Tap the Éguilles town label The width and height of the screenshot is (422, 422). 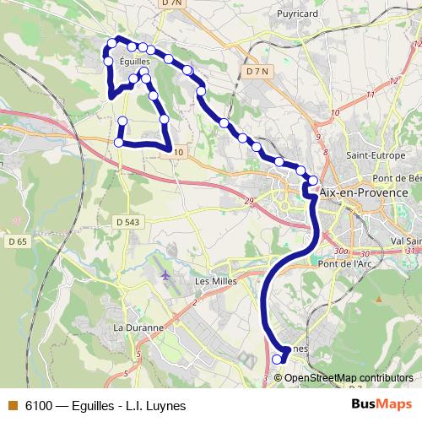(x=134, y=61)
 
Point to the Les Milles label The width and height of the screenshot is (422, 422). (x=213, y=281)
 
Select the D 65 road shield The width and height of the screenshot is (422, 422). (x=17, y=241)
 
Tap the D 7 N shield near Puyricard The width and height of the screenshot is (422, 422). (x=257, y=72)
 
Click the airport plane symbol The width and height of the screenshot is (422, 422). (x=165, y=274)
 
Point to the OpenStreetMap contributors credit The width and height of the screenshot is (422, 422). (x=349, y=378)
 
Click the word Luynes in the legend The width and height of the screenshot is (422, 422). (x=166, y=405)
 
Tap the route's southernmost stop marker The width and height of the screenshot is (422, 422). (x=276, y=360)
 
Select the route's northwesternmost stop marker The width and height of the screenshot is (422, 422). (x=111, y=44)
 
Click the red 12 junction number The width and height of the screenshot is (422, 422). (x=394, y=79)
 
